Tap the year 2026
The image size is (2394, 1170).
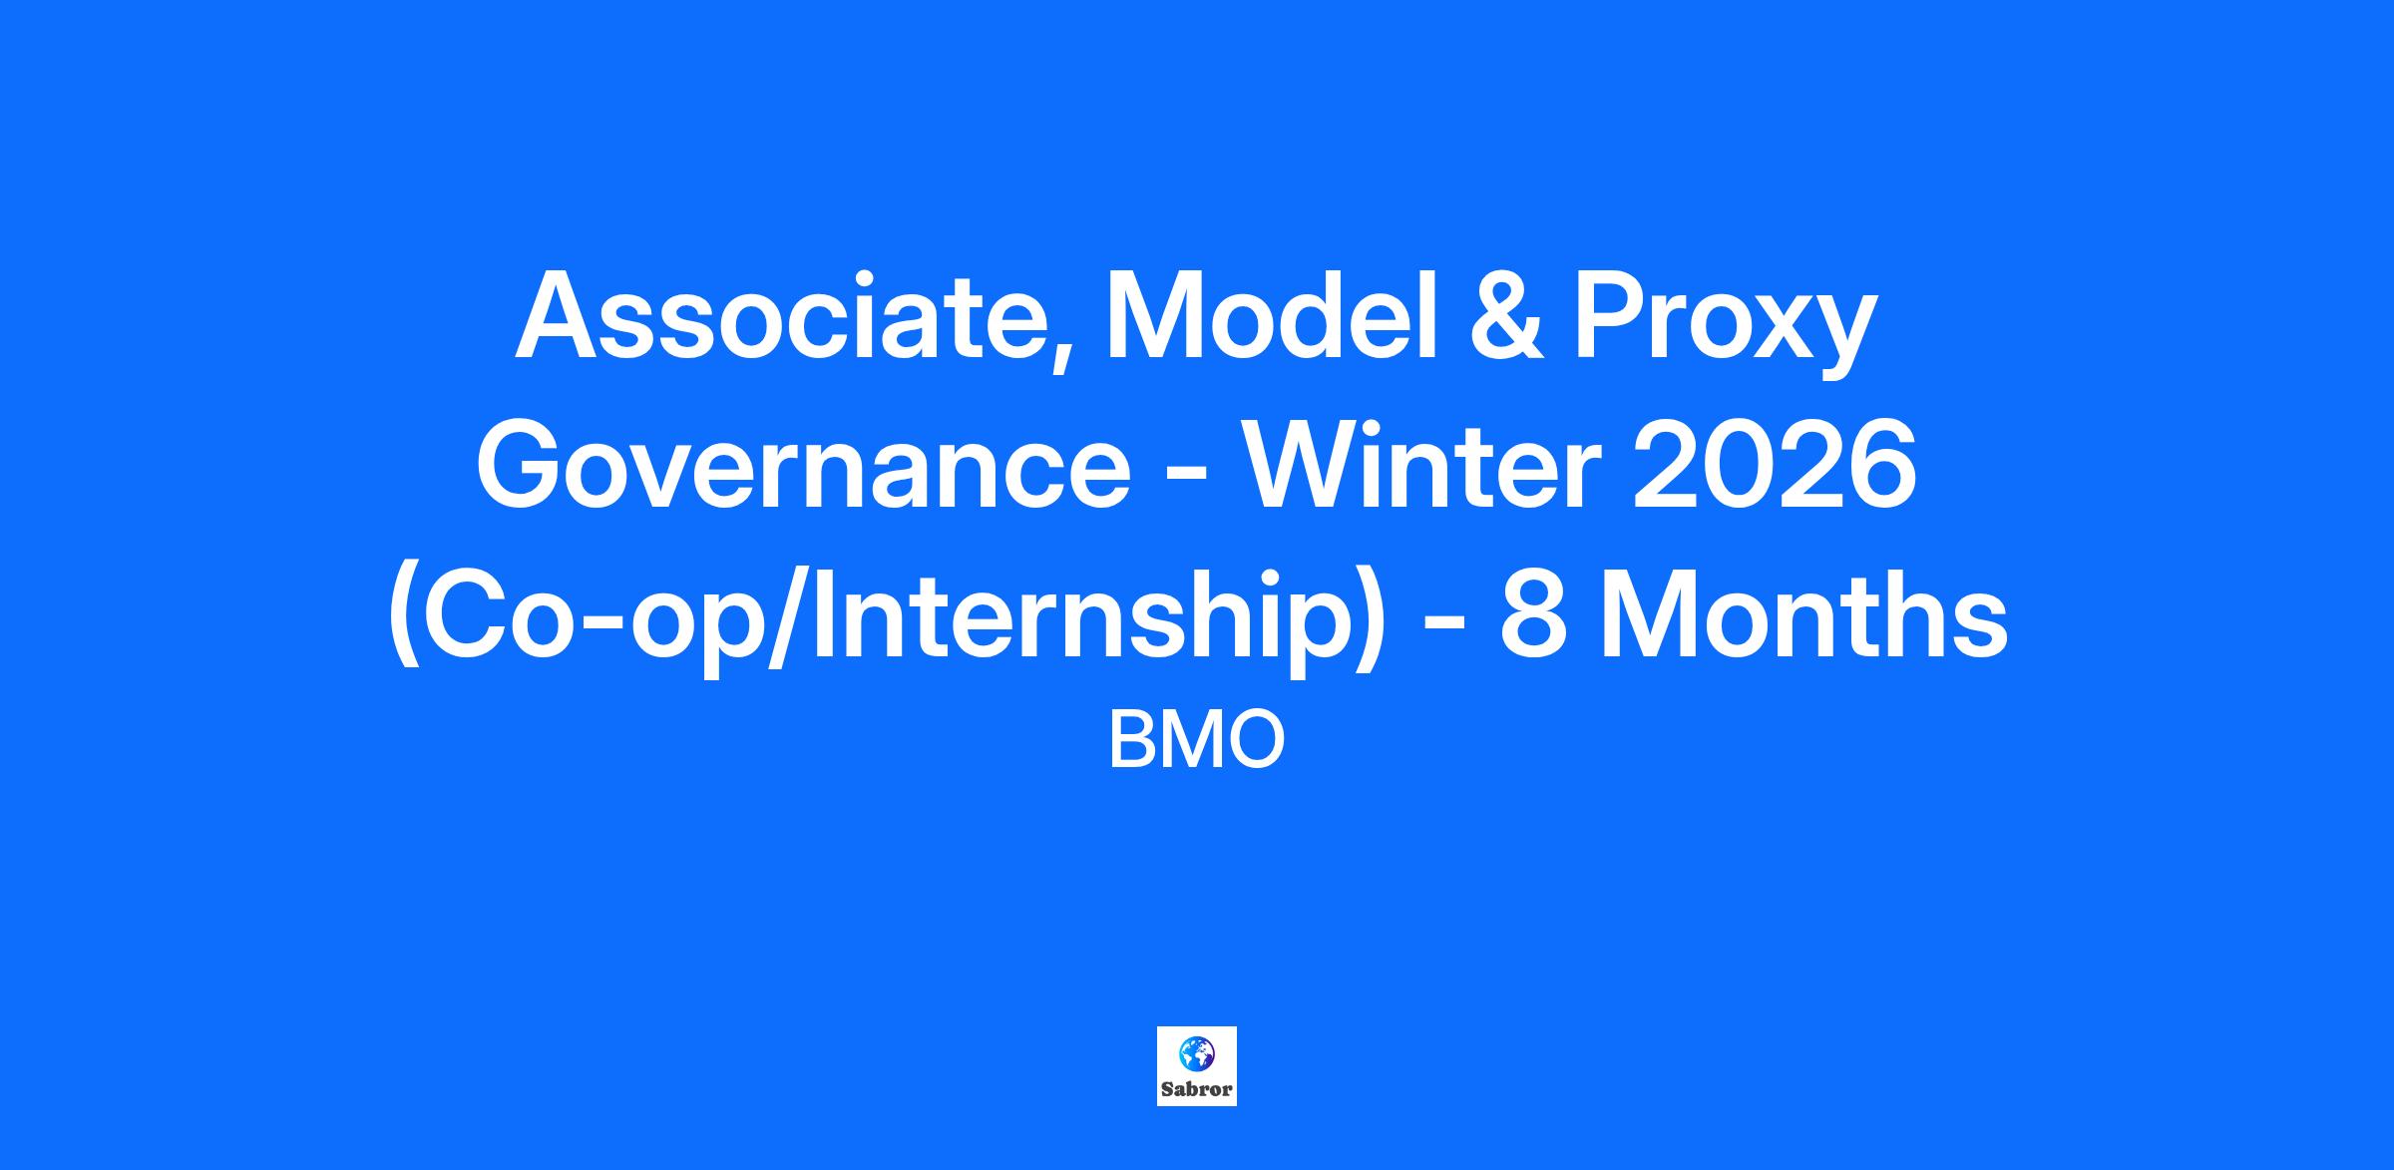coord(1775,464)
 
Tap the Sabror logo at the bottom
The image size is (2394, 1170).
coord(1197,1066)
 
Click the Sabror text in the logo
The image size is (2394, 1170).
coord(1197,1089)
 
